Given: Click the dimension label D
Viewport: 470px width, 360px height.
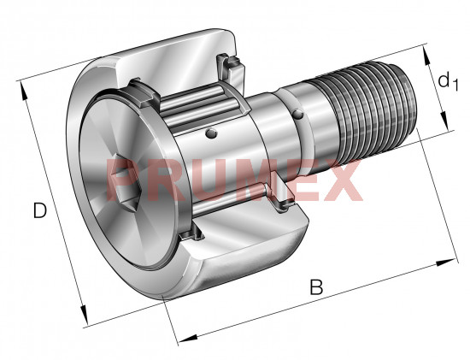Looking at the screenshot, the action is [x=40, y=210].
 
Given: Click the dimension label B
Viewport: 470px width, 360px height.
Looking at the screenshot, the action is [x=316, y=286].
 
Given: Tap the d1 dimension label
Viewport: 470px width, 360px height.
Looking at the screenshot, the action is [x=448, y=81].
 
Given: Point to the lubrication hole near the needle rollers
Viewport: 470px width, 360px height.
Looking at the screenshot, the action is [x=212, y=133].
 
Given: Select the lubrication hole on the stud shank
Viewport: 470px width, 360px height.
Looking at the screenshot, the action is [x=298, y=114].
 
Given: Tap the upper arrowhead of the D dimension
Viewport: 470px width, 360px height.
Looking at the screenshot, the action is [x=23, y=91].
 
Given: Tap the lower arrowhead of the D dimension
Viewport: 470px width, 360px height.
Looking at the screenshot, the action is [x=85, y=315].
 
